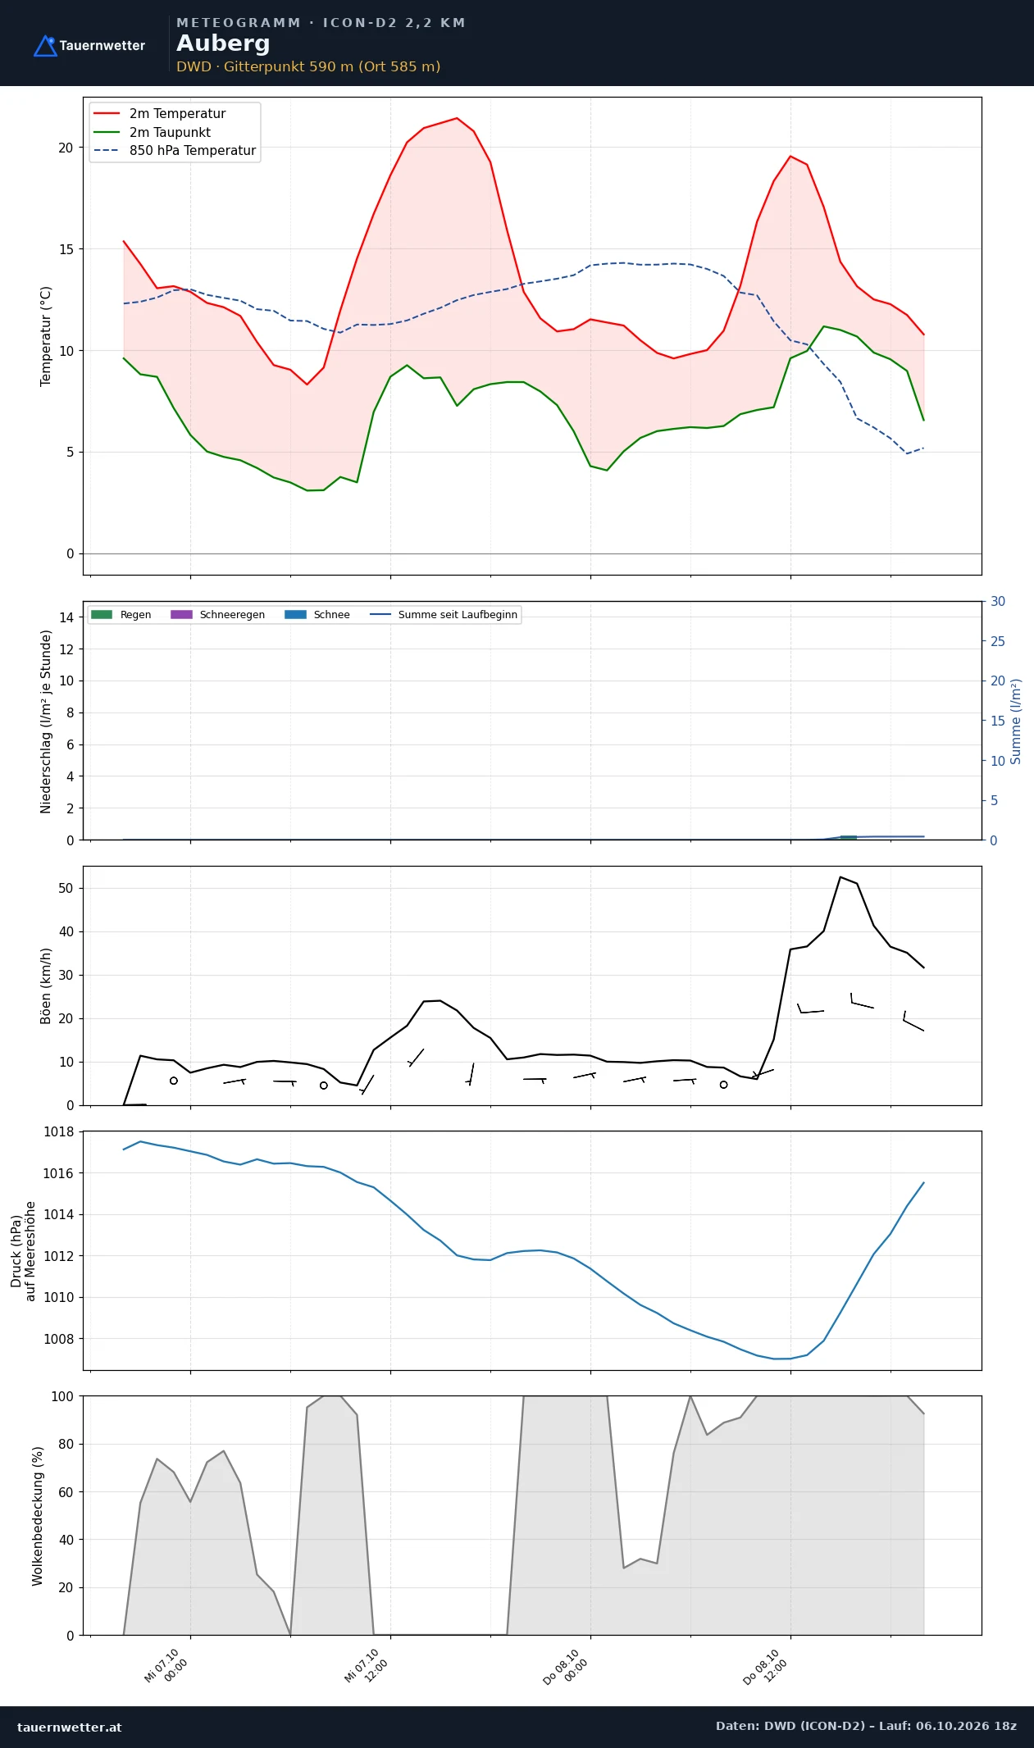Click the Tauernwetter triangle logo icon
pos(45,46)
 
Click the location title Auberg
pos(223,43)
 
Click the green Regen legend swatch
pos(101,615)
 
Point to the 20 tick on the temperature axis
pos(66,148)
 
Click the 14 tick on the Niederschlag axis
pos(66,617)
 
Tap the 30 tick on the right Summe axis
pos(998,601)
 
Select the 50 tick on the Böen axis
pos(66,888)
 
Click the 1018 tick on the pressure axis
pos(58,1131)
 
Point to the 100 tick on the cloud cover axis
pos(62,1396)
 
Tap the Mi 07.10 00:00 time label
pos(166,1666)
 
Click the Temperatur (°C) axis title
pos(46,336)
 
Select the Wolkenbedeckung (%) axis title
pos(38,1516)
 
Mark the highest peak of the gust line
pos(840,876)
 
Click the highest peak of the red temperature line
pos(457,118)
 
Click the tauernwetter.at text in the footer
pos(70,1727)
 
